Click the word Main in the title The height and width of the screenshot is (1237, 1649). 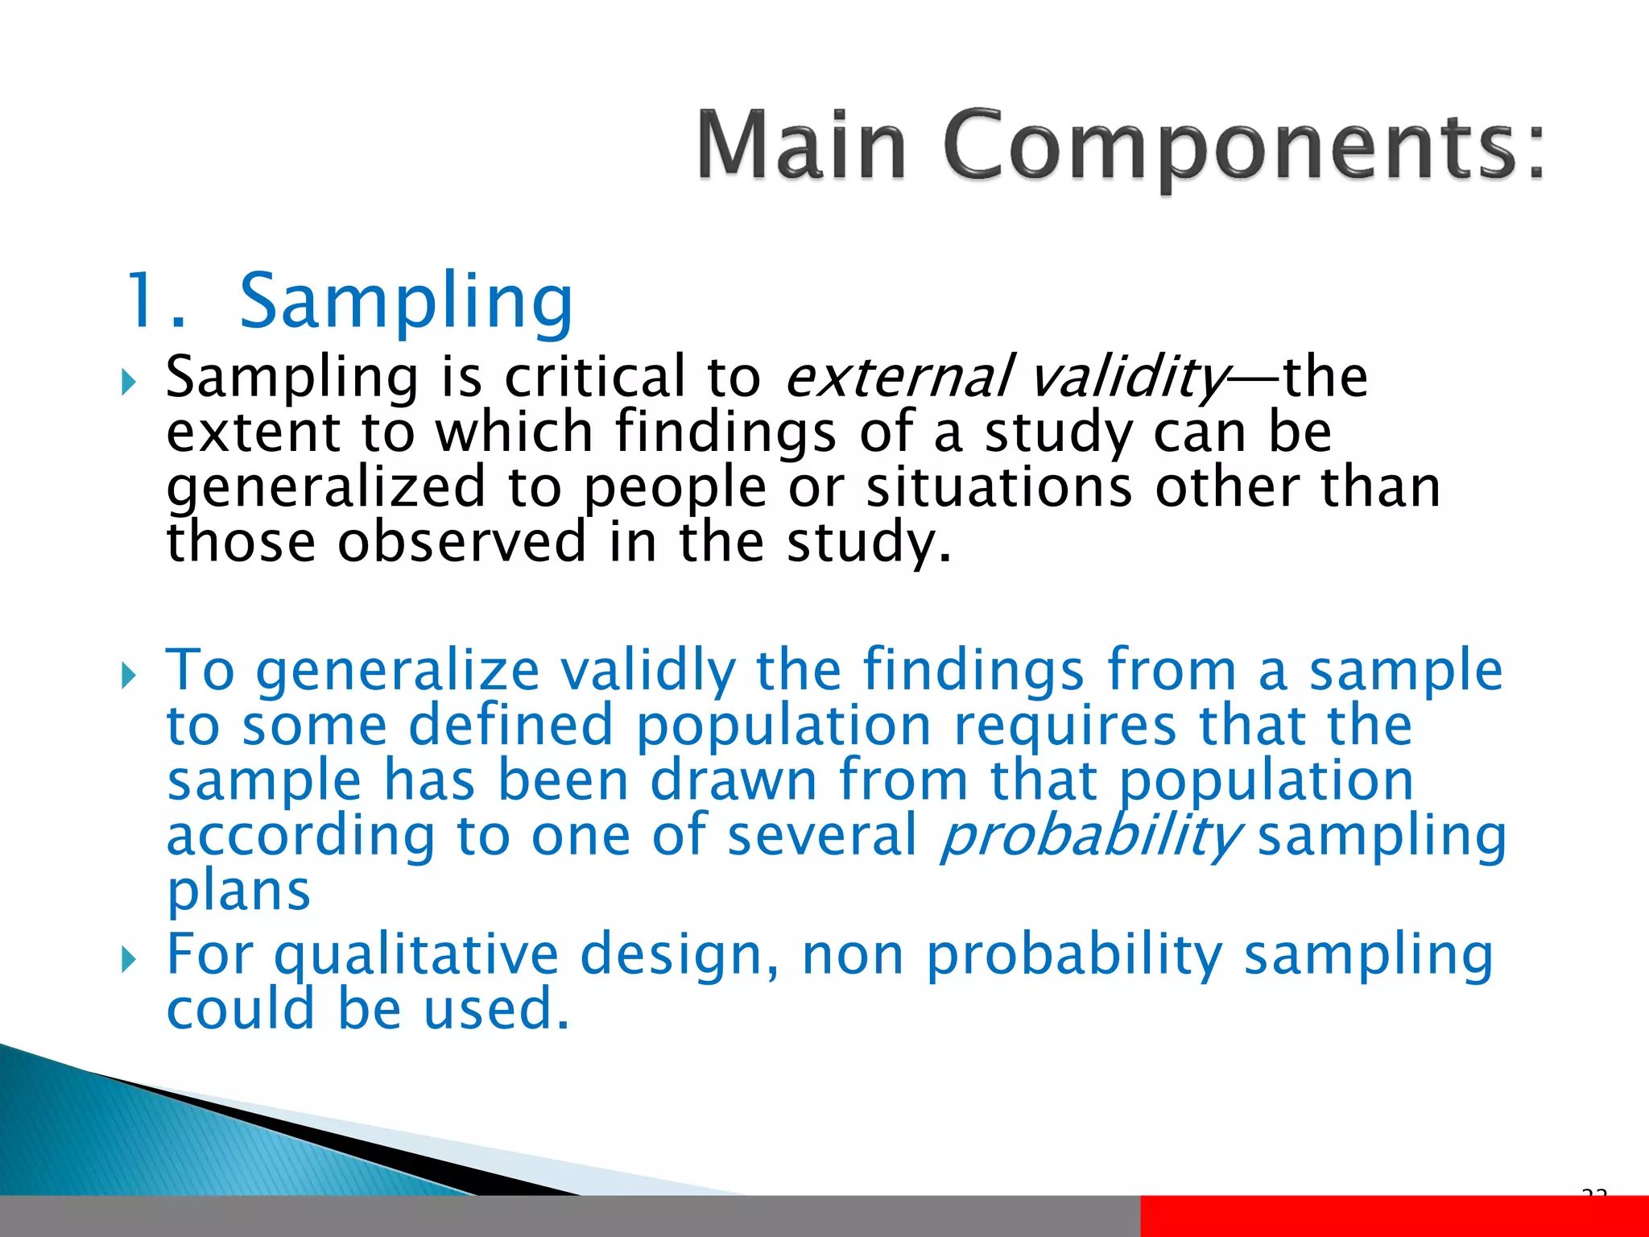coord(801,145)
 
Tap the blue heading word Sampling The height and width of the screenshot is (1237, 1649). coord(407,302)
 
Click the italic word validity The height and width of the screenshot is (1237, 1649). coord(1127,377)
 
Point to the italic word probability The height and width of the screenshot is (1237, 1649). coord(1091,835)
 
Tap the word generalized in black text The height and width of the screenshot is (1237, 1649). coord(326,487)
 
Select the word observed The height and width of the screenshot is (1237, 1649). coord(462,541)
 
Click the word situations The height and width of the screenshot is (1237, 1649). coord(998,487)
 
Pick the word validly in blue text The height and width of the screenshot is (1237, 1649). coord(648,671)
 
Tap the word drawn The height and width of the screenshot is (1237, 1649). coord(734,780)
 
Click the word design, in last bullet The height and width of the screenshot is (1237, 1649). coord(680,955)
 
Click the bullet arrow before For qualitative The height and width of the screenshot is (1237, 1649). coord(130,959)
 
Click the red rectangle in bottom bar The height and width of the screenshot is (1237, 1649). coord(1394,1216)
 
